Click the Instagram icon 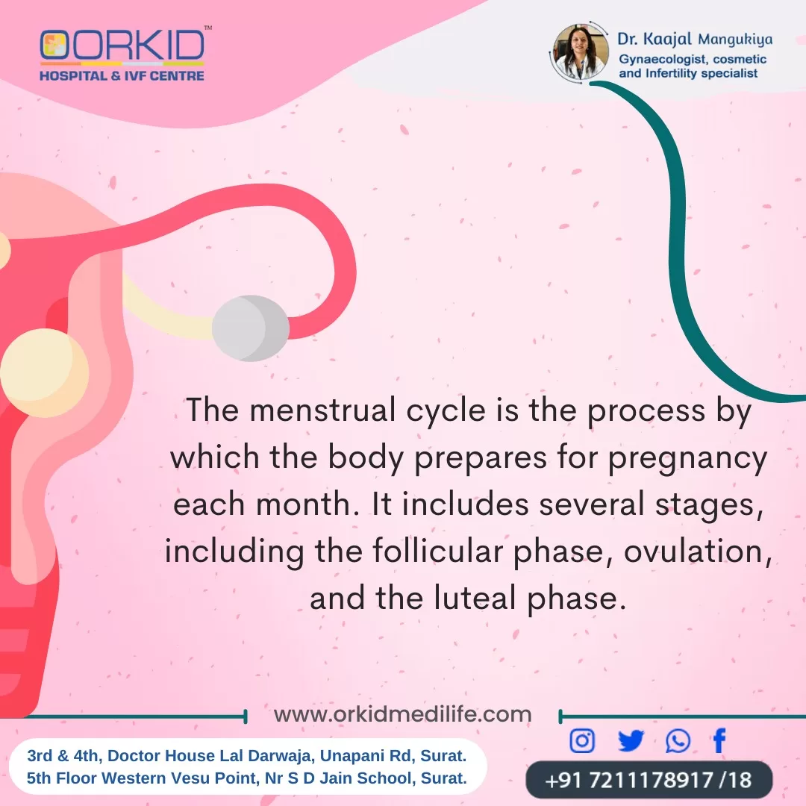pyautogui.click(x=582, y=741)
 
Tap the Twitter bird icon pyautogui.click(x=631, y=741)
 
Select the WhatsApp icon pyautogui.click(x=678, y=741)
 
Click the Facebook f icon pyautogui.click(x=719, y=741)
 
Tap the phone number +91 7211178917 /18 pyautogui.click(x=649, y=780)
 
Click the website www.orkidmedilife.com pyautogui.click(x=402, y=714)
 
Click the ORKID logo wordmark pyautogui.click(x=122, y=45)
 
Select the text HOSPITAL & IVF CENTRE pyautogui.click(x=122, y=75)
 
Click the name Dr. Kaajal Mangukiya pyautogui.click(x=695, y=39)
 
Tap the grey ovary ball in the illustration pyautogui.click(x=250, y=328)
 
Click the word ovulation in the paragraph pyautogui.click(x=698, y=552)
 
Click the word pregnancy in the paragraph pyautogui.click(x=688, y=458)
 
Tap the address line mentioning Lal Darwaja pyautogui.click(x=247, y=755)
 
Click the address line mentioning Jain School pyautogui.click(x=247, y=778)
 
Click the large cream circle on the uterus pyautogui.click(x=44, y=372)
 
